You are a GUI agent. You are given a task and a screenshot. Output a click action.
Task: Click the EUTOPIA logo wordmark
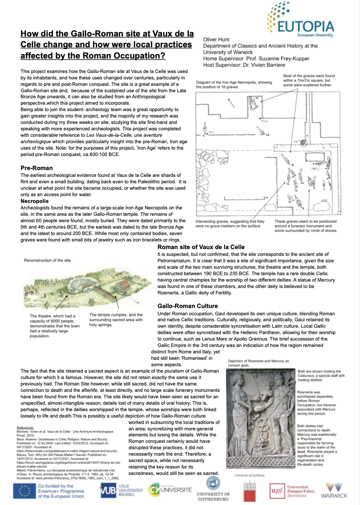click(x=307, y=26)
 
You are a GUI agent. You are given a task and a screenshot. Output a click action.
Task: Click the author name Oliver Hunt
click(x=217, y=40)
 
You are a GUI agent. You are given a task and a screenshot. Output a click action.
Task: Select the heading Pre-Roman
click(x=37, y=168)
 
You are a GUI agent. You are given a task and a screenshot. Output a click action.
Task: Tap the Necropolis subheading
click(x=34, y=201)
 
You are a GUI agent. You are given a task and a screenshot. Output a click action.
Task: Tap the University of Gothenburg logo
click(x=213, y=488)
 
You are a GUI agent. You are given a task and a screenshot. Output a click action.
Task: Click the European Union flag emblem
click(x=24, y=491)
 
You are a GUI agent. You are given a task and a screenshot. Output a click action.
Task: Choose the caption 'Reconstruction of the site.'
click(x=48, y=260)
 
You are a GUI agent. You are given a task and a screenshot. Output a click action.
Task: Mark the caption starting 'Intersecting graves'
click(x=230, y=223)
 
